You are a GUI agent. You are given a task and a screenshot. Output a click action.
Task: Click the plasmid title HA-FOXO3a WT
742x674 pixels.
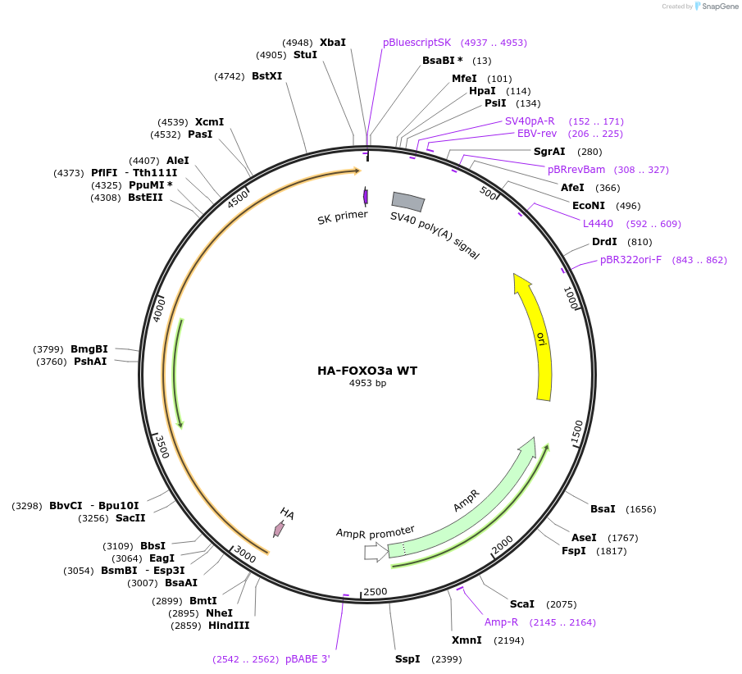(x=367, y=371)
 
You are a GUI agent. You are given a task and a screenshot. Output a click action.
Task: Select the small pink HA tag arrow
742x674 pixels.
(x=279, y=529)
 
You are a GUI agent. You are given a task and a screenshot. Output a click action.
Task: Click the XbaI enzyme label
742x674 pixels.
(x=332, y=43)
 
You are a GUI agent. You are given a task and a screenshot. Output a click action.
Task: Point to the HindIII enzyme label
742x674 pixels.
(x=229, y=626)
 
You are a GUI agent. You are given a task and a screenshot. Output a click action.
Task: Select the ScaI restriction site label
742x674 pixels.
(x=522, y=604)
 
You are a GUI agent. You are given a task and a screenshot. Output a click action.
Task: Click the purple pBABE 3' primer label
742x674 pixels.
(x=307, y=658)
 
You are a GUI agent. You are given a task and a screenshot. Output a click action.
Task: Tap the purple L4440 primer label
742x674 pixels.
(x=598, y=224)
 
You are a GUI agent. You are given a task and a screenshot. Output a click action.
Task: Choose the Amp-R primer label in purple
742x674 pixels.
(x=501, y=622)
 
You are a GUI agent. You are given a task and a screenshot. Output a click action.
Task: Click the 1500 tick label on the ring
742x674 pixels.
(x=577, y=432)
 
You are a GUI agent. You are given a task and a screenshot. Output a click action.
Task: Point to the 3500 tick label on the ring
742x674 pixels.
(x=162, y=446)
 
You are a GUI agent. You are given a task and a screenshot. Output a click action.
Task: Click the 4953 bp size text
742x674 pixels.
(x=367, y=384)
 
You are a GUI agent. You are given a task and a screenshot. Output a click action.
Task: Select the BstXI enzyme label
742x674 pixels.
(x=266, y=76)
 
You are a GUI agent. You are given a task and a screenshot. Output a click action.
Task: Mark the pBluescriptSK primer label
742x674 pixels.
(x=417, y=43)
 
